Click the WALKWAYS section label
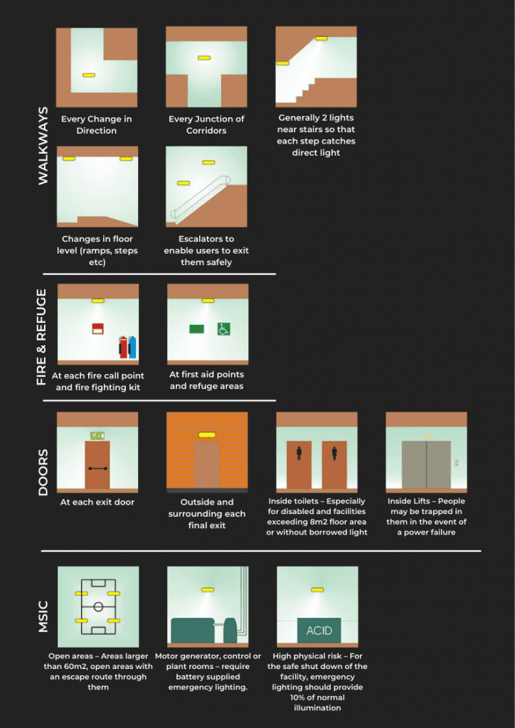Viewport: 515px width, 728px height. (x=43, y=146)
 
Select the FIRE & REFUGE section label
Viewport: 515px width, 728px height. (x=42, y=337)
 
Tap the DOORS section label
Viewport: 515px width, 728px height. (x=42, y=471)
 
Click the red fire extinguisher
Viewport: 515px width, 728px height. (x=123, y=347)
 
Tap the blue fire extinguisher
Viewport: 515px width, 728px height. (x=132, y=347)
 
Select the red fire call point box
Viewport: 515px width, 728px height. (x=97, y=328)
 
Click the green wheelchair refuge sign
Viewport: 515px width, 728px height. (x=223, y=328)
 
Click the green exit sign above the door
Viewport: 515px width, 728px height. (x=97, y=435)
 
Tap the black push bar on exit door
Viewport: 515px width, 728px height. (x=97, y=469)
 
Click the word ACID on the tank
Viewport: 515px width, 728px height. (x=319, y=631)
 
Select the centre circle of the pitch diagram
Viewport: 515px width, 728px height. (x=97, y=606)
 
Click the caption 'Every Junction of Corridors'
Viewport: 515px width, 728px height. (x=206, y=125)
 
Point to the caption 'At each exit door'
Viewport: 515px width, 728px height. (x=97, y=502)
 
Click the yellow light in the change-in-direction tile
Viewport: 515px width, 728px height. (x=88, y=75)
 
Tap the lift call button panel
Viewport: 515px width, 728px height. (x=456, y=463)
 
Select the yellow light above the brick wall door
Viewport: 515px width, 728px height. (x=206, y=434)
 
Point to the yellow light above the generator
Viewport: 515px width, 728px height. (x=207, y=589)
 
